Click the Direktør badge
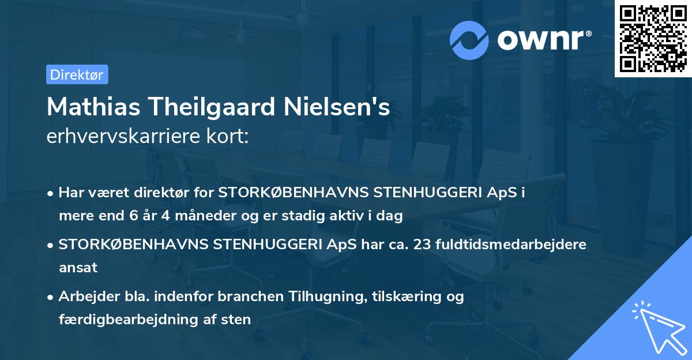point(77,74)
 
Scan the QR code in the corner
point(653,38)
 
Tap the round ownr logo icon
point(469,40)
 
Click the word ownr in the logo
point(543,40)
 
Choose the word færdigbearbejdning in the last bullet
point(119,319)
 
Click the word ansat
point(78,267)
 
